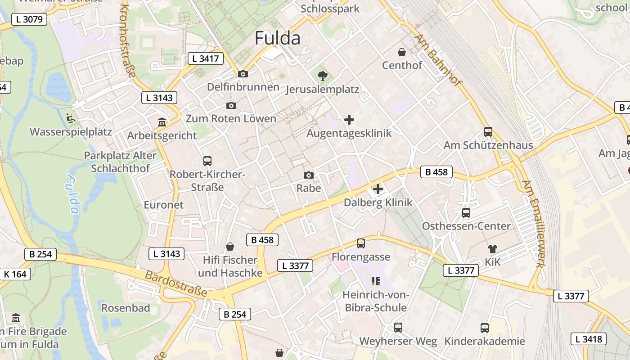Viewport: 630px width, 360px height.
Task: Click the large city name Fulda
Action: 277,38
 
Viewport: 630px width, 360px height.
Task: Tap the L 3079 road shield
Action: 29,19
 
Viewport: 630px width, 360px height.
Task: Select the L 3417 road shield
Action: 205,58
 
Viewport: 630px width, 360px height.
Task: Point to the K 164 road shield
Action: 15,274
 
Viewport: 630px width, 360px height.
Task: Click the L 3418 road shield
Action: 589,339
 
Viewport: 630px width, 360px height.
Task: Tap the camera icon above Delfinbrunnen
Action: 243,74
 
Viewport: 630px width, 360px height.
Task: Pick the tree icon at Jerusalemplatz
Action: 322,76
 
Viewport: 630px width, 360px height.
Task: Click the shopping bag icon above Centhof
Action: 402,52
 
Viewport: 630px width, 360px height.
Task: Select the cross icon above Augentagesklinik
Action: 349,120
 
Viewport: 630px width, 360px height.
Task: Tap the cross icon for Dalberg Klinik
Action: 378,189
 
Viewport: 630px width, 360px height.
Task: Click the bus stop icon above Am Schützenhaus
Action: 488,132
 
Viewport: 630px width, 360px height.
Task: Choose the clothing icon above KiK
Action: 492,248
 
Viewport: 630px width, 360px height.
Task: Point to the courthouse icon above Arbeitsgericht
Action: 162,122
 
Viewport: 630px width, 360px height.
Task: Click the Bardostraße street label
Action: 176,283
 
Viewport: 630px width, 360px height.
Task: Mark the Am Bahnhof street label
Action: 438,60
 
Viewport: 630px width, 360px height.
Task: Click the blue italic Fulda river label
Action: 72,193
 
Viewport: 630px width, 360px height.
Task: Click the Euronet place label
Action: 163,205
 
